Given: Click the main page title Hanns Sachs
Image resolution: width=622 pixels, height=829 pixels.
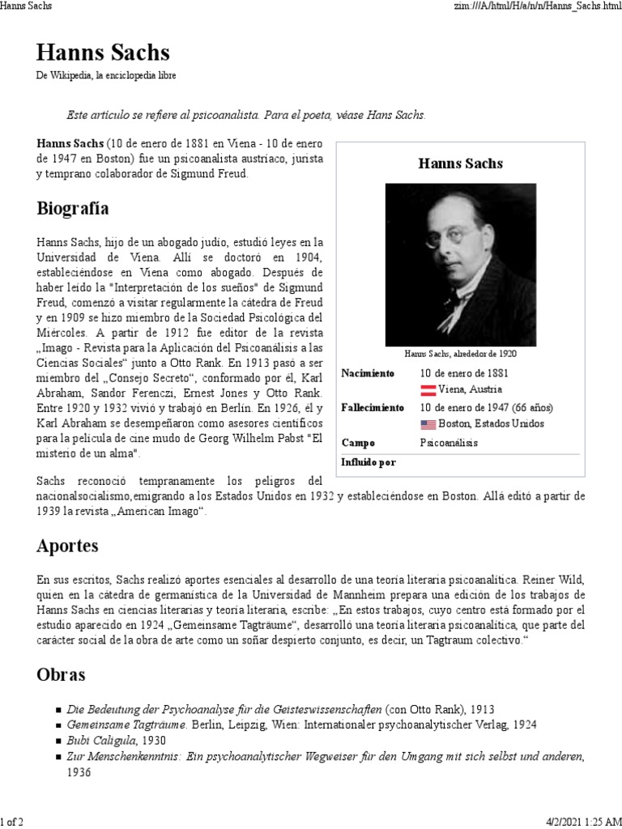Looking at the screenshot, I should click(103, 53).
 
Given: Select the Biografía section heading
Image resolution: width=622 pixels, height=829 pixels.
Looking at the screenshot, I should click(73, 209).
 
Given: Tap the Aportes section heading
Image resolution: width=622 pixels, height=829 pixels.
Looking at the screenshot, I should click(67, 546).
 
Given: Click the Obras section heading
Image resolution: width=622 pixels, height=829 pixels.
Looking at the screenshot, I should click(61, 674).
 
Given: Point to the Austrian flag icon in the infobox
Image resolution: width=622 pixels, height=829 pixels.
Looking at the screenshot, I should click(428, 389).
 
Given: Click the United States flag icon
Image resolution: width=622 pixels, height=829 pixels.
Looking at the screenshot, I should click(428, 424).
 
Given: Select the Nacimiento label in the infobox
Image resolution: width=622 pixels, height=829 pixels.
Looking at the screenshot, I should click(368, 373).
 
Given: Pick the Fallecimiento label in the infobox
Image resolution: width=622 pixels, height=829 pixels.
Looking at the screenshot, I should click(373, 407).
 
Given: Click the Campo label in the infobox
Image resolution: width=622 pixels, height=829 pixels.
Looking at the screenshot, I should click(358, 443).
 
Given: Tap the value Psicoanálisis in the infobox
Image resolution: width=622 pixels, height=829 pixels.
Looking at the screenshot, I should click(449, 443).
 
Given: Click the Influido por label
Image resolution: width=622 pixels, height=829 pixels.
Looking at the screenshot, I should click(369, 462).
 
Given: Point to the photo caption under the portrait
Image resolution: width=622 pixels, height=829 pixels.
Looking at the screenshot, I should click(460, 354).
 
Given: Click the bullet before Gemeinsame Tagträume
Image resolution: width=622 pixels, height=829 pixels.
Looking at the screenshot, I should click(59, 725).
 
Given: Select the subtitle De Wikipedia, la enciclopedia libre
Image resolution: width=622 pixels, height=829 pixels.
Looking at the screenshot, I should click(106, 75).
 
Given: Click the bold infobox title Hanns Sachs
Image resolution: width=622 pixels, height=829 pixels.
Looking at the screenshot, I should click(460, 164).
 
